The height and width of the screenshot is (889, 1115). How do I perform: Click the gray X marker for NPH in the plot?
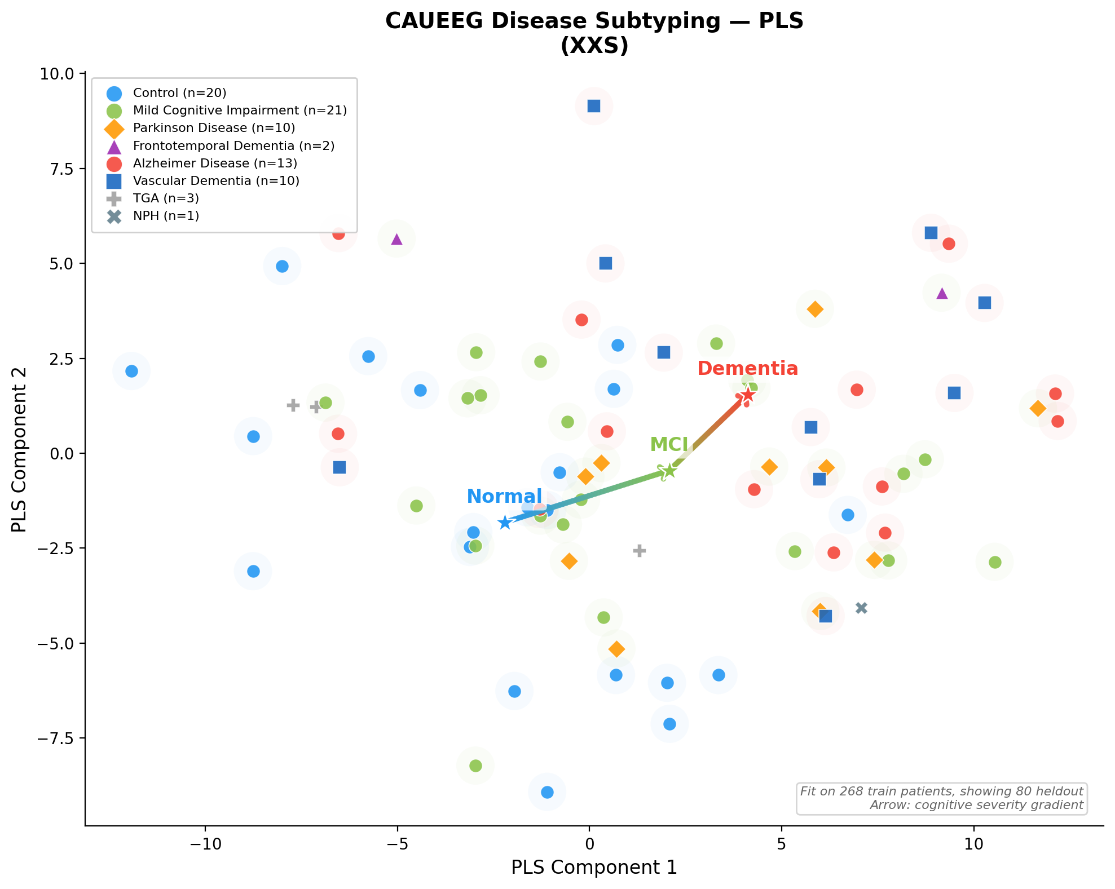861,608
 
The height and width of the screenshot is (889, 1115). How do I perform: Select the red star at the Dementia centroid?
747,395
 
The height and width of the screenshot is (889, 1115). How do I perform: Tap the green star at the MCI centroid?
668,471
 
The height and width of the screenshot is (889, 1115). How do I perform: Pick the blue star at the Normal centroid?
505,523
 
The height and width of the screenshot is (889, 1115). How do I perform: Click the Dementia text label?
747,369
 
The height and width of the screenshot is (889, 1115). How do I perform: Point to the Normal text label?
504,496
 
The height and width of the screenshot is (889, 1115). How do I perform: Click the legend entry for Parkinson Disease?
214,128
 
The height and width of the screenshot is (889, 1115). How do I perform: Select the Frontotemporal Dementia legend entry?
233,146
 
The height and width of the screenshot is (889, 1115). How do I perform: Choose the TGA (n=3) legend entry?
166,198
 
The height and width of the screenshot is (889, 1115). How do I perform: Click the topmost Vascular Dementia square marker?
593,106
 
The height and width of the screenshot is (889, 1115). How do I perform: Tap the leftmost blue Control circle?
131,371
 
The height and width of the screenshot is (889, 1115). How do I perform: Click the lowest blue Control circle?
547,792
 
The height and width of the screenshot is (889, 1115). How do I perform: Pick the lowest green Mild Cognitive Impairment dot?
475,766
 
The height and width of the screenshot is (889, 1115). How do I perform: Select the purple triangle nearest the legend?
396,239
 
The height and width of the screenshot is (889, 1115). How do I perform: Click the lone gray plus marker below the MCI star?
639,551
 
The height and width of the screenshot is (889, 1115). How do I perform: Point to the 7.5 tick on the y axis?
61,169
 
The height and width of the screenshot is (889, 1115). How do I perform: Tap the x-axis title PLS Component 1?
594,868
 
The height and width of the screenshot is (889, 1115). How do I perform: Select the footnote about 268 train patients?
941,791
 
